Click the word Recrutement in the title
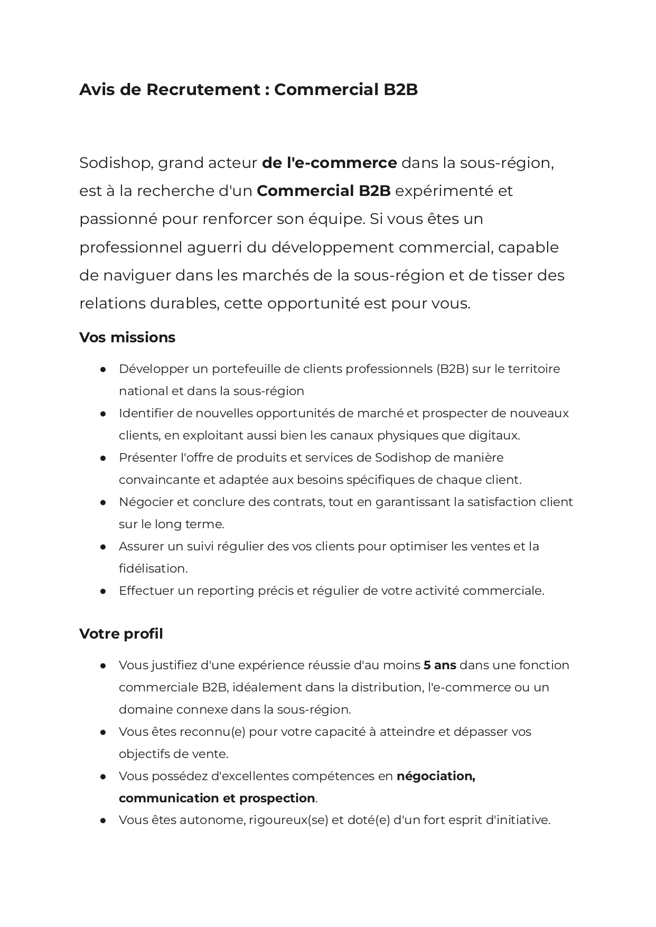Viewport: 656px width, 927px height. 203,90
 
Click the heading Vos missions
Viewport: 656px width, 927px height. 127,338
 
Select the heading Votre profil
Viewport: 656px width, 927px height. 121,634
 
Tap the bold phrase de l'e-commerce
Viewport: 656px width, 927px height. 329,163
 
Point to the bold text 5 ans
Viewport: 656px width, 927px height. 439,666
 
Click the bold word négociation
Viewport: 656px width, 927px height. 436,776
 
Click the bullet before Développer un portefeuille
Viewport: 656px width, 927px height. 103,369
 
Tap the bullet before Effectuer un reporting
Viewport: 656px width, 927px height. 103,591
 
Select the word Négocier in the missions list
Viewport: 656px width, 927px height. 140,502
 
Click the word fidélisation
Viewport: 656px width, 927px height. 153,569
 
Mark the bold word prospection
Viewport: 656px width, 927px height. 277,798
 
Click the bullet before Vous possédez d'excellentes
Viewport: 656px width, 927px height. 103,776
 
